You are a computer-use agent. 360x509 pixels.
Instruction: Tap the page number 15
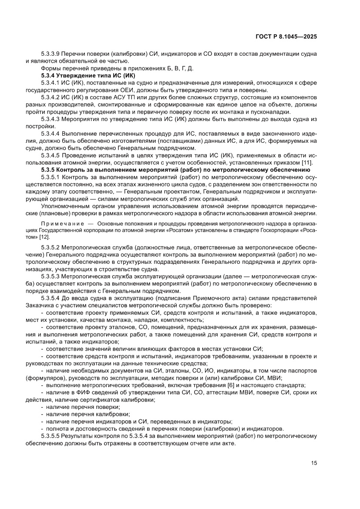click(313, 462)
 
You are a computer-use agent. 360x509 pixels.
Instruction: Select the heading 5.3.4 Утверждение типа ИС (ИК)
click(81, 75)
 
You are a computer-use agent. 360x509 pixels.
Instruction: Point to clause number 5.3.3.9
click(51, 54)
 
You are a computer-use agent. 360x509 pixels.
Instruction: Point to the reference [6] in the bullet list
click(232, 385)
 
